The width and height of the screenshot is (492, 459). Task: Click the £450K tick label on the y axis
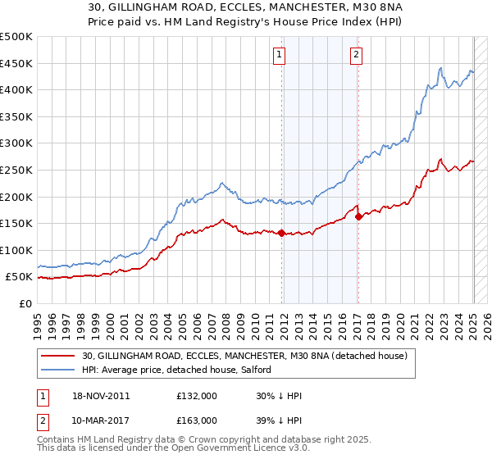pos(16,63)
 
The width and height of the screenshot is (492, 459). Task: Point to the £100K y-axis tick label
pos(16,250)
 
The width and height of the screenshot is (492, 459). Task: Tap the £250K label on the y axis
pos(16,170)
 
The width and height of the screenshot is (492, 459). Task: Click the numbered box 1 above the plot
pos(280,55)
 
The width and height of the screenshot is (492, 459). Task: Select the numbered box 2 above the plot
pos(357,55)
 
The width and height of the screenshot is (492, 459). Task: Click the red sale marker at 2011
pos(282,233)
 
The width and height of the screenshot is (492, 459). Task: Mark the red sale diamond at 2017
pos(358,216)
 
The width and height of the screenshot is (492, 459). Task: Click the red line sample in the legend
pos(59,355)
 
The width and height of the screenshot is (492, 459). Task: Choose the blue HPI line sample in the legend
pos(59,370)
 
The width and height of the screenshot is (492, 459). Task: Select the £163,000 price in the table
pos(196,420)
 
